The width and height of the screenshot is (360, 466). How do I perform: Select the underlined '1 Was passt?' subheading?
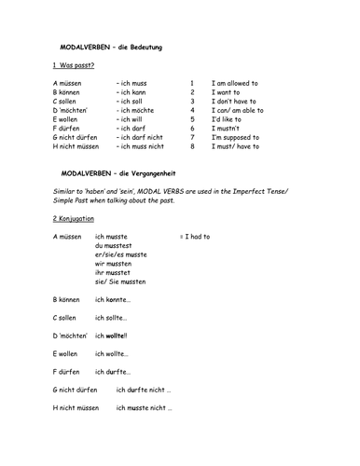pos(74,65)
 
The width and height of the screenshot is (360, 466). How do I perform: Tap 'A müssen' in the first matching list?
pos(68,83)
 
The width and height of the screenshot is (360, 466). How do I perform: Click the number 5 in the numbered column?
pos(192,119)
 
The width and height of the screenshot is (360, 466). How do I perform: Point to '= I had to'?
pos(195,237)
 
